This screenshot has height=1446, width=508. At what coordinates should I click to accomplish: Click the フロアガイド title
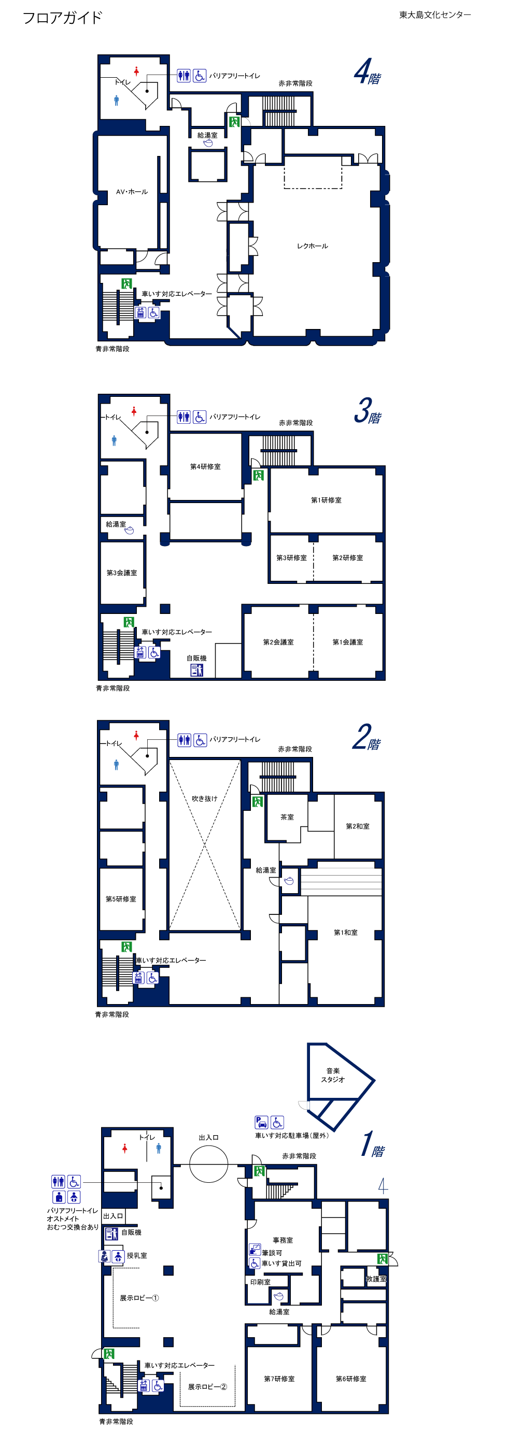[x=62, y=18]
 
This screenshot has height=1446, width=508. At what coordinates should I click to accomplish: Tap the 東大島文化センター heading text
[x=435, y=15]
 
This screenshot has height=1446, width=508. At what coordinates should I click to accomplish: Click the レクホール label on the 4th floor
[x=313, y=246]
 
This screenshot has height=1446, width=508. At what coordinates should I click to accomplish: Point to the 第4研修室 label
[x=205, y=466]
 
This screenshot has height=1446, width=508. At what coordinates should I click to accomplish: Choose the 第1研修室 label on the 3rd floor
[x=326, y=500]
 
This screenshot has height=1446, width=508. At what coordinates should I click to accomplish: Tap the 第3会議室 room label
[x=122, y=573]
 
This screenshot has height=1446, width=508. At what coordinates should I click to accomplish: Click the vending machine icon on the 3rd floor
[x=196, y=670]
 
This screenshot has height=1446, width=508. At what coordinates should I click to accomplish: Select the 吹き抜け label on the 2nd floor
[x=204, y=799]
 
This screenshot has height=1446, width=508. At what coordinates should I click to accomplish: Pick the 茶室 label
[x=287, y=818]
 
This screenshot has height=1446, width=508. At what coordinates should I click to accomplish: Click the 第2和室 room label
[x=358, y=826]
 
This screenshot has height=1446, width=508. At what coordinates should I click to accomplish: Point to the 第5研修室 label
[x=121, y=899]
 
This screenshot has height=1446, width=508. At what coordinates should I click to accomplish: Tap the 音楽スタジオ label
[x=333, y=1075]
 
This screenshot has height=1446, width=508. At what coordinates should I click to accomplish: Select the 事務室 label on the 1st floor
[x=283, y=1240]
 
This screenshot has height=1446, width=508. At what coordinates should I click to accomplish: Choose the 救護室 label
[x=376, y=1279]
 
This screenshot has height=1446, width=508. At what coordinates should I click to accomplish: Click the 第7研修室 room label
[x=279, y=1379]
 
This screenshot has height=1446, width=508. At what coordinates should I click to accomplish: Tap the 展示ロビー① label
[x=139, y=1298]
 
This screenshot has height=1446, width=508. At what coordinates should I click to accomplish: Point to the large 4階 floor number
[x=368, y=71]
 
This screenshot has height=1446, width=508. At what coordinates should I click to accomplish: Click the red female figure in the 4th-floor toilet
[x=136, y=71]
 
